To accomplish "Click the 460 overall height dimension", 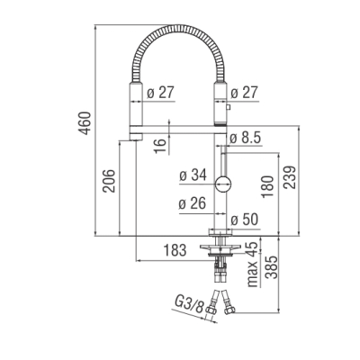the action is pyautogui.click(x=85, y=123).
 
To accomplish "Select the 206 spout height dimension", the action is pyautogui.click(x=109, y=181).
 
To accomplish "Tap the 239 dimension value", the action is pyautogui.click(x=290, y=177).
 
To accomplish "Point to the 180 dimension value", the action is pyautogui.click(x=267, y=187).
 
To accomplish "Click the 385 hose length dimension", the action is pyautogui.click(x=273, y=267).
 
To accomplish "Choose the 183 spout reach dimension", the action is pyautogui.click(x=175, y=250).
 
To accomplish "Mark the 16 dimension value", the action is pyautogui.click(x=161, y=146).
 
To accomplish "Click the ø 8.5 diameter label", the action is pyautogui.click(x=246, y=138).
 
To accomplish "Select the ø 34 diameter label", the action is pyautogui.click(x=193, y=175).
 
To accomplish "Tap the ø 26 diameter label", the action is pyautogui.click(x=193, y=203).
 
